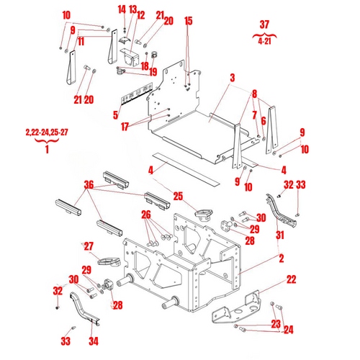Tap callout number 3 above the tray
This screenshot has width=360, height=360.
(233, 77)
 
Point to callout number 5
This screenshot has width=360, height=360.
(116, 114)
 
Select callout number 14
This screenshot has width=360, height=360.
(122, 9)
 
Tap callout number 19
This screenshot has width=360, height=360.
(153, 71)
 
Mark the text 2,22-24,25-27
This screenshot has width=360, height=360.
(47, 132)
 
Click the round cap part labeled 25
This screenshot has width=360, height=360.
(204, 213)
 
